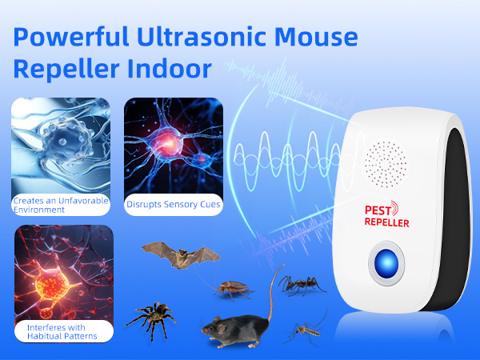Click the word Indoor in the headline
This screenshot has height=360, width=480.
172,69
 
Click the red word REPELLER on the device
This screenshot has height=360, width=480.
387,223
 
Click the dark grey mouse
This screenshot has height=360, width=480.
232,324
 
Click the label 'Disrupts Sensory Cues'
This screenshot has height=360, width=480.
174,205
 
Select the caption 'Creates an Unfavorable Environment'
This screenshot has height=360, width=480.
60,204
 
